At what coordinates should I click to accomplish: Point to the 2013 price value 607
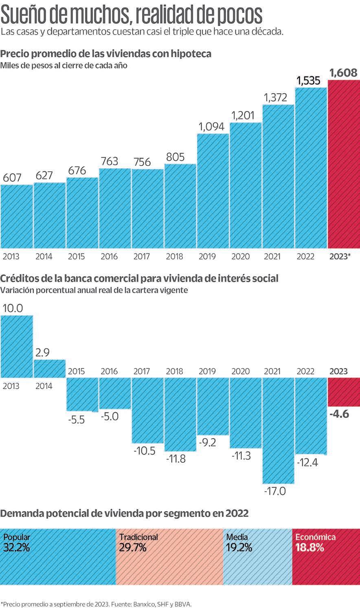pyautogui.click(x=12, y=177)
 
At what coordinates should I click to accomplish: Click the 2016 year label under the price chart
pyautogui.click(x=109, y=256)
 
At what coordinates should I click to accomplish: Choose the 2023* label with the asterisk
pyautogui.click(x=340, y=256)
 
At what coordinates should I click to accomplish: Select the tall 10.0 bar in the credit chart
pyautogui.click(x=16, y=346)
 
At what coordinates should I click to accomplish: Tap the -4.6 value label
pyautogui.click(x=339, y=414)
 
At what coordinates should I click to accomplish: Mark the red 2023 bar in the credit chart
pyautogui.click(x=344, y=391)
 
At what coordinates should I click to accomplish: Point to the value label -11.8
pyautogui.click(x=176, y=459)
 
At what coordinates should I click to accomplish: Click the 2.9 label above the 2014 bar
pyautogui.click(x=42, y=352)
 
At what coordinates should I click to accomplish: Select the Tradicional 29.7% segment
pyautogui.click(x=169, y=556)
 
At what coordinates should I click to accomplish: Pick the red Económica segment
pyautogui.click(x=326, y=556)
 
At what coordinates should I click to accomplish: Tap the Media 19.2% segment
pyautogui.click(x=257, y=556)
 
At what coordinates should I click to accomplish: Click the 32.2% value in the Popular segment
pyautogui.click(x=17, y=548)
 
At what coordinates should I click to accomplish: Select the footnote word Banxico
pyautogui.click(x=143, y=604)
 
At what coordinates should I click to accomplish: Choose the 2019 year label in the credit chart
pyautogui.click(x=207, y=371)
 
